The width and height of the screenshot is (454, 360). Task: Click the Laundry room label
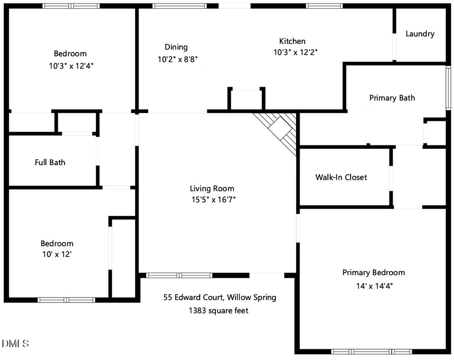click(420, 34)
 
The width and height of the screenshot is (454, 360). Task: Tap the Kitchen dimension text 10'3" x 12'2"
click(295, 52)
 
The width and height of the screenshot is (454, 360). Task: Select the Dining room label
click(176, 47)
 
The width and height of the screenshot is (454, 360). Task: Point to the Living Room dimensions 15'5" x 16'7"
click(212, 199)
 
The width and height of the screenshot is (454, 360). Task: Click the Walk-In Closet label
click(341, 177)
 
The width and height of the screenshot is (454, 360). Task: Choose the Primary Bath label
click(392, 97)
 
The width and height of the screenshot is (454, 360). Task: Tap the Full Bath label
click(50, 162)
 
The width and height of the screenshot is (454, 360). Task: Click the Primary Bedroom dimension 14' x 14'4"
click(373, 285)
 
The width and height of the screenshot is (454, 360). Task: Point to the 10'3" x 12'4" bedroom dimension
click(70, 65)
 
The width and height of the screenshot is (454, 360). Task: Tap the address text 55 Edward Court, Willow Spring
click(219, 297)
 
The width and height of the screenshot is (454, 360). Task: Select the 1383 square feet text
click(218, 311)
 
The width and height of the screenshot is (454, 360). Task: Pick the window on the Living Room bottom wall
click(179, 275)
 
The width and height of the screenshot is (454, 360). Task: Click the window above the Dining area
click(179, 6)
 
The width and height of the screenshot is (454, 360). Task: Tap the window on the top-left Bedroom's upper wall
click(71, 6)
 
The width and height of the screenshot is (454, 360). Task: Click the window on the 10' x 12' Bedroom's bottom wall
click(66, 299)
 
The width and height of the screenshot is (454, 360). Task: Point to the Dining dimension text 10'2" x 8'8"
click(177, 59)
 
